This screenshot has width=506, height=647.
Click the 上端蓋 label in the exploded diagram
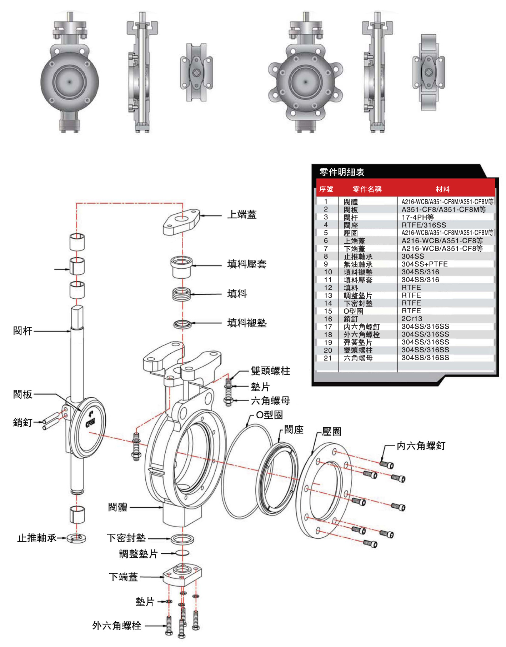(x=242, y=215)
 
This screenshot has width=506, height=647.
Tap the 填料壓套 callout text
(x=247, y=264)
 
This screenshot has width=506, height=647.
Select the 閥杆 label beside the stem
(x=22, y=331)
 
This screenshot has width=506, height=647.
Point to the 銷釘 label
(x=22, y=423)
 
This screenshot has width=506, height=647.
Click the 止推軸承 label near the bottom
(x=36, y=538)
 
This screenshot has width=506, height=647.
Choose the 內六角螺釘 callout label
(x=421, y=446)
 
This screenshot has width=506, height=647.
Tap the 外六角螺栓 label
(x=117, y=626)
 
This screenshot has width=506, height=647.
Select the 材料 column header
(x=442, y=189)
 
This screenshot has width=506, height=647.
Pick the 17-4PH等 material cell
(x=417, y=217)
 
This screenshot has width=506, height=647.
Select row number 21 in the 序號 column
(x=328, y=358)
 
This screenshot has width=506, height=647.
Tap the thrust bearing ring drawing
(x=77, y=538)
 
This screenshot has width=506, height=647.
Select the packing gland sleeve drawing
(x=181, y=267)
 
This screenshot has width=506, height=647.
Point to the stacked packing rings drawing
(x=181, y=294)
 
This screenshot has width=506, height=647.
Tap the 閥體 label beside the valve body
(x=117, y=507)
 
